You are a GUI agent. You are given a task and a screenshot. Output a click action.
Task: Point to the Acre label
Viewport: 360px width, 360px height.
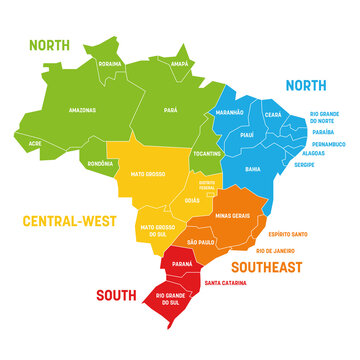(x=35, y=143)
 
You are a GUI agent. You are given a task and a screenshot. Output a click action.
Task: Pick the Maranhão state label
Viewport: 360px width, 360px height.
(x=230, y=112)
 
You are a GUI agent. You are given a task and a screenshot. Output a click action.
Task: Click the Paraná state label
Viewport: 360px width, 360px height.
(x=181, y=264)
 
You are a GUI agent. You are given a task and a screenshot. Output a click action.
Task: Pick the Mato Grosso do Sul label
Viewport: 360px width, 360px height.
(x=161, y=230)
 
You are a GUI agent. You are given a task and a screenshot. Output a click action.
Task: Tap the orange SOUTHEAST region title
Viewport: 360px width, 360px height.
(x=267, y=268)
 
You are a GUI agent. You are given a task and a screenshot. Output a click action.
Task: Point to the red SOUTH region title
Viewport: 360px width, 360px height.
(x=117, y=295)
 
